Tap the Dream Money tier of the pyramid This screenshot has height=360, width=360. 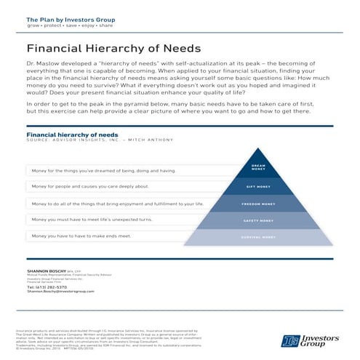tap(258, 168)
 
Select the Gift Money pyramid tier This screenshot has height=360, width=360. tap(258, 187)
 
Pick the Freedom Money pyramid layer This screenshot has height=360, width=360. tap(258, 204)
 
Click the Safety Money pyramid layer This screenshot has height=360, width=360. tap(258, 220)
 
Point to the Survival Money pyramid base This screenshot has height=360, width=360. tap(258, 237)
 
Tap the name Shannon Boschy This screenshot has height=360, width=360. tap(44, 270)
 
